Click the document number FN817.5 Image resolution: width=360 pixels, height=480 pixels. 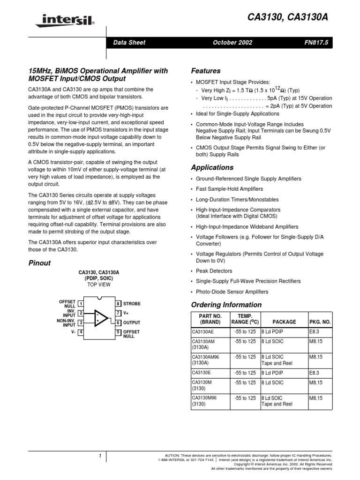point(318,43)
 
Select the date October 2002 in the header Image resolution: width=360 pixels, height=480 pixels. point(232,43)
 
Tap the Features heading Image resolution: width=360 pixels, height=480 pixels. point(206,71)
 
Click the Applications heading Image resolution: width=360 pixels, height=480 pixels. point(212,167)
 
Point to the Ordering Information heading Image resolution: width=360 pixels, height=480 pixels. point(226,305)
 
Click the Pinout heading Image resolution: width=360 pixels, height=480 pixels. point(40,263)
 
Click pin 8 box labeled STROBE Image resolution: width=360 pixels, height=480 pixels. point(119,304)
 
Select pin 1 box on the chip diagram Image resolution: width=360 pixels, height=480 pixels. point(81,304)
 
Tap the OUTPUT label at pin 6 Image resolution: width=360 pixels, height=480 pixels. point(132,322)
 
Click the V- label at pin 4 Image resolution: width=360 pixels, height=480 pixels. point(73,332)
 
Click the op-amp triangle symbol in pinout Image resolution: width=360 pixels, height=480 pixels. point(100,318)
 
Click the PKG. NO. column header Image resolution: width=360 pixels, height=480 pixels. point(320,322)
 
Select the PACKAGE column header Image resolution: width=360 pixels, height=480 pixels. point(284,322)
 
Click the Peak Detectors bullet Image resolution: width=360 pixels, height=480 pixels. point(214,271)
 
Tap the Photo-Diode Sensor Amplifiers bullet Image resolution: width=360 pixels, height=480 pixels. point(232,292)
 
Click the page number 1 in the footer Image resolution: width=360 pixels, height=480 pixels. point(100,456)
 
